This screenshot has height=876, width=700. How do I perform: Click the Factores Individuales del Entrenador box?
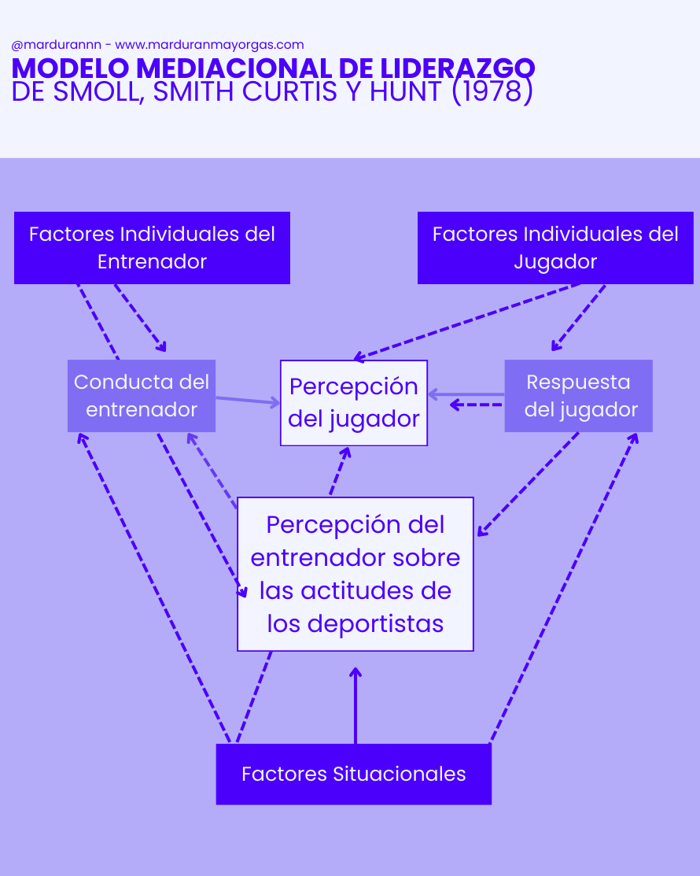(152, 248)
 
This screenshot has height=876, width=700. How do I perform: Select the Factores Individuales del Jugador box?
(555, 248)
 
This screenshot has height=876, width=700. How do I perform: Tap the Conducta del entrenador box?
(142, 396)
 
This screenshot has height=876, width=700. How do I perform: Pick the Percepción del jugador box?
(354, 403)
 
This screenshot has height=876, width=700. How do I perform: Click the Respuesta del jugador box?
(579, 396)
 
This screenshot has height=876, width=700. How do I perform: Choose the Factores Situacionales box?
(354, 774)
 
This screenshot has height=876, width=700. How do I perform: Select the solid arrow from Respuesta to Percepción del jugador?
(467, 394)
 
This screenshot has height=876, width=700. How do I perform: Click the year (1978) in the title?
(492, 92)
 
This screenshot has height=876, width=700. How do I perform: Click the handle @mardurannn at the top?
(56, 45)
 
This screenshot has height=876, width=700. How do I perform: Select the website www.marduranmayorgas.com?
(209, 45)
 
